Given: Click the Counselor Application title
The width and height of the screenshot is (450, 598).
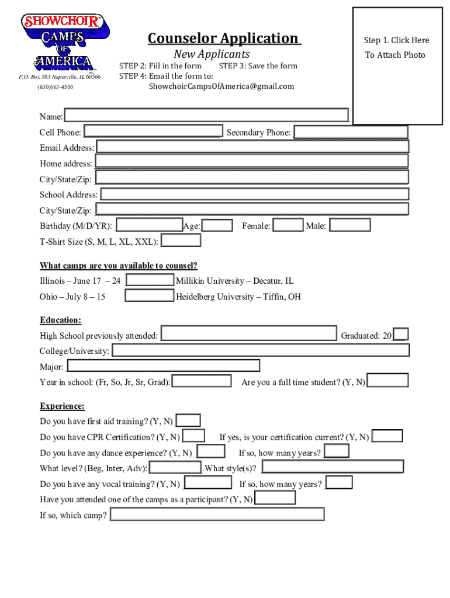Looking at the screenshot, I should [224, 39].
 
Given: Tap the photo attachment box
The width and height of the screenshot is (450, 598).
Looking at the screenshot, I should [397, 65].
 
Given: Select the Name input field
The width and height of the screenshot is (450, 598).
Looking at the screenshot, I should [206, 116].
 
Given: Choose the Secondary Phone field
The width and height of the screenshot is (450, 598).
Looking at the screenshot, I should [351, 133].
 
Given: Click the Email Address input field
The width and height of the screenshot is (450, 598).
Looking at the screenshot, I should [252, 147].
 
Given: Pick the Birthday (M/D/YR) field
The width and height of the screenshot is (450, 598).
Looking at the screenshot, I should [149, 225].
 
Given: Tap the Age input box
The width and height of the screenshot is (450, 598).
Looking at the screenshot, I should [217, 225].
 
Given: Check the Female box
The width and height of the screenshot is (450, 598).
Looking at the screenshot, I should [288, 225].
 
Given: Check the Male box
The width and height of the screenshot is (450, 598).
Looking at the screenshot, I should [349, 225].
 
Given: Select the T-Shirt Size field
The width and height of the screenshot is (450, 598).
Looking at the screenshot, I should [181, 241].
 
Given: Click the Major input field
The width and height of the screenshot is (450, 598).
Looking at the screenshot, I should [163, 366].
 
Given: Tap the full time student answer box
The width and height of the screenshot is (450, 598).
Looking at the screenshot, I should [387, 381].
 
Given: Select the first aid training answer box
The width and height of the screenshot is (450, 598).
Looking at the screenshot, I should [188, 420].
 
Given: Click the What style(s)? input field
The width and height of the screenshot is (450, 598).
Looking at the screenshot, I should [333, 467].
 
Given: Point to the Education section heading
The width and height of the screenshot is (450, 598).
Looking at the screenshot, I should [60, 320].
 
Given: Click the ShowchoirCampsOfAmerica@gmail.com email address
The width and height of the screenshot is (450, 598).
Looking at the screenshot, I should [221, 86].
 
